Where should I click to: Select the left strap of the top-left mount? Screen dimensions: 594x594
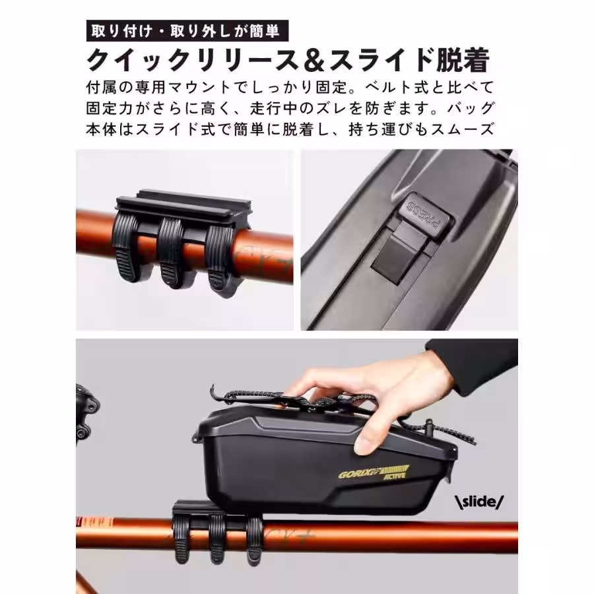(x=127, y=249)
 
